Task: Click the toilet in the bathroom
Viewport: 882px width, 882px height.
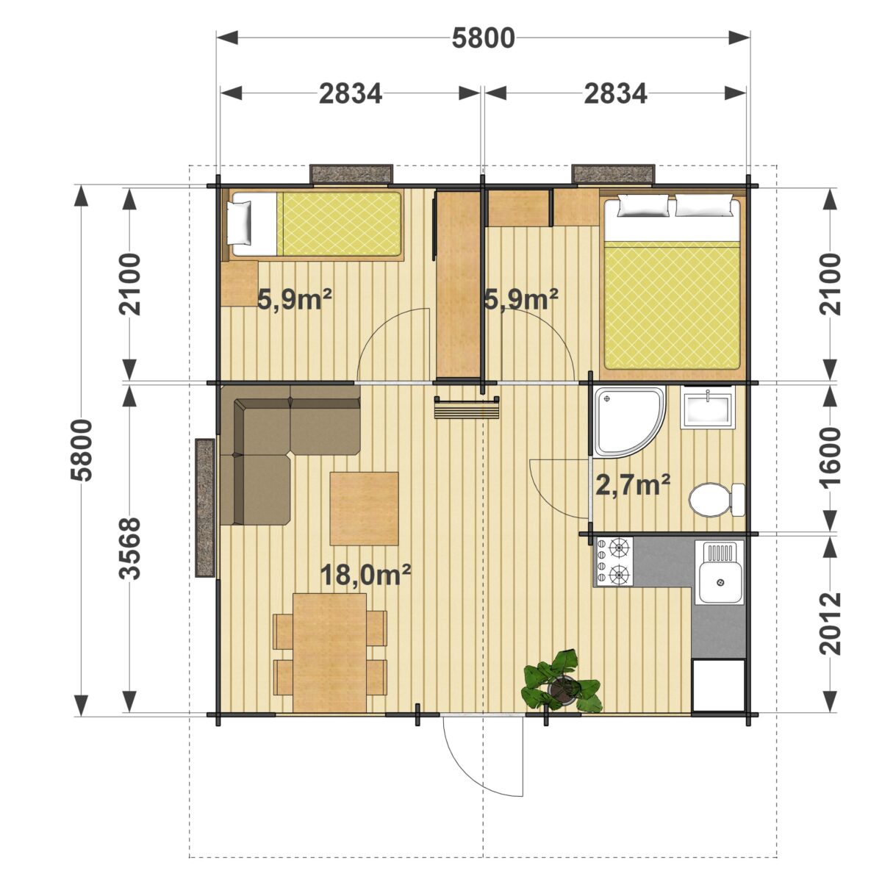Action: [x=717, y=501]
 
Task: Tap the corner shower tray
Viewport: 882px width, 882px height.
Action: [x=628, y=421]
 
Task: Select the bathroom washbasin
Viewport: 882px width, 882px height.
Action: [x=707, y=407]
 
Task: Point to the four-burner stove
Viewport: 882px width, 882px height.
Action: [x=614, y=562]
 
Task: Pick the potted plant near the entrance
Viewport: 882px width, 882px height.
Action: [x=562, y=681]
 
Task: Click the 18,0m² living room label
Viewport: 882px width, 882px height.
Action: [x=365, y=575]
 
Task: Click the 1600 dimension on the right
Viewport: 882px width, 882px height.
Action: [x=829, y=459]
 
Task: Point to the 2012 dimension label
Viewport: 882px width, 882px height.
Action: [x=829, y=623]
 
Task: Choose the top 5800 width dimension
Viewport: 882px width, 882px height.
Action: [x=483, y=38]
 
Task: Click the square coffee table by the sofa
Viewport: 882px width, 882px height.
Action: [x=364, y=509]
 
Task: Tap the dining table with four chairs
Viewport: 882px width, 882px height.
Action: [x=329, y=653]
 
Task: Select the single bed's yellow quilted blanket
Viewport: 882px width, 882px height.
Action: [x=341, y=223]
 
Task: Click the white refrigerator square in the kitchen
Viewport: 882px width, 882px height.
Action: [x=717, y=686]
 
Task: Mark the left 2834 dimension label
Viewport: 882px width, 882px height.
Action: [x=350, y=94]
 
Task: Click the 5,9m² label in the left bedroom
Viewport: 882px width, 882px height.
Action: [x=294, y=300]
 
